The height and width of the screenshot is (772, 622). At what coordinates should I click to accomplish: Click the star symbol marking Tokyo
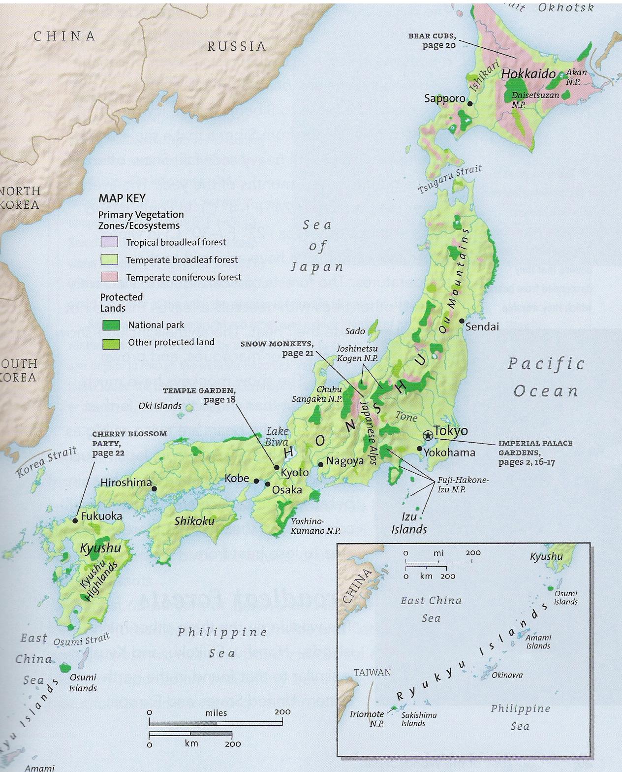tap(428, 435)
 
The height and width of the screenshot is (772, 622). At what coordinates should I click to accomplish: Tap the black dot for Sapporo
tap(470, 103)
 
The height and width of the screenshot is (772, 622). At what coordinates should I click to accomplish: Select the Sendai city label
tap(482, 326)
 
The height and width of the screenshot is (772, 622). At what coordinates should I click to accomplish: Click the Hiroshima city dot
tap(155, 489)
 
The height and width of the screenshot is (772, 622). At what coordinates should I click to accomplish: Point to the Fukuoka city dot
tap(75, 520)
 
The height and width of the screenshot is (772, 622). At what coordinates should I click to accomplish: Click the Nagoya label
tap(344, 461)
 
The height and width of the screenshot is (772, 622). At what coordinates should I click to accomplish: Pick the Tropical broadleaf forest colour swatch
tap(109, 242)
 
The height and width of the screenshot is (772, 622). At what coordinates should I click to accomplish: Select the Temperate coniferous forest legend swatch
tap(109, 277)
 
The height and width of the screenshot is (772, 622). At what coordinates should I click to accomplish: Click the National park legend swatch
tap(111, 325)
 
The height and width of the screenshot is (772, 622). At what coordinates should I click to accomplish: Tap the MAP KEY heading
tap(122, 198)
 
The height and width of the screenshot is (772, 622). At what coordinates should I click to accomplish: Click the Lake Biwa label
tap(278, 437)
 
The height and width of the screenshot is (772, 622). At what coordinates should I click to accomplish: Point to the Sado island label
tap(355, 331)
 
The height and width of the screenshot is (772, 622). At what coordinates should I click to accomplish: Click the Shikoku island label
tap(194, 521)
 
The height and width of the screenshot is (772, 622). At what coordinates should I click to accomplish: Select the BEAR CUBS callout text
tap(432, 40)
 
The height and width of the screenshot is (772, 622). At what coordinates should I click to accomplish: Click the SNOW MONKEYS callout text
tap(277, 348)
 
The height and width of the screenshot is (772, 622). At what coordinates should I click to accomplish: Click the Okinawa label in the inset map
tap(507, 675)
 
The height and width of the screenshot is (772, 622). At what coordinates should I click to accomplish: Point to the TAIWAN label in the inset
tap(373, 672)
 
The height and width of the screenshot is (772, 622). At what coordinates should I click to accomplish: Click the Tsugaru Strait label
tap(450, 179)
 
